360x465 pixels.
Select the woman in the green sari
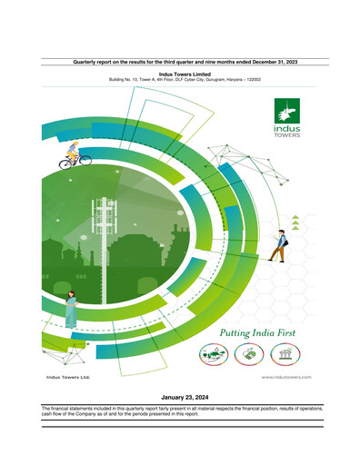pos(70,310)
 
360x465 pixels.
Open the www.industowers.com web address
pos(286,376)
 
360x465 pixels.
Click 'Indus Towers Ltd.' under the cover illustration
pos(68,376)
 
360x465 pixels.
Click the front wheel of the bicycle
pos(86,161)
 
